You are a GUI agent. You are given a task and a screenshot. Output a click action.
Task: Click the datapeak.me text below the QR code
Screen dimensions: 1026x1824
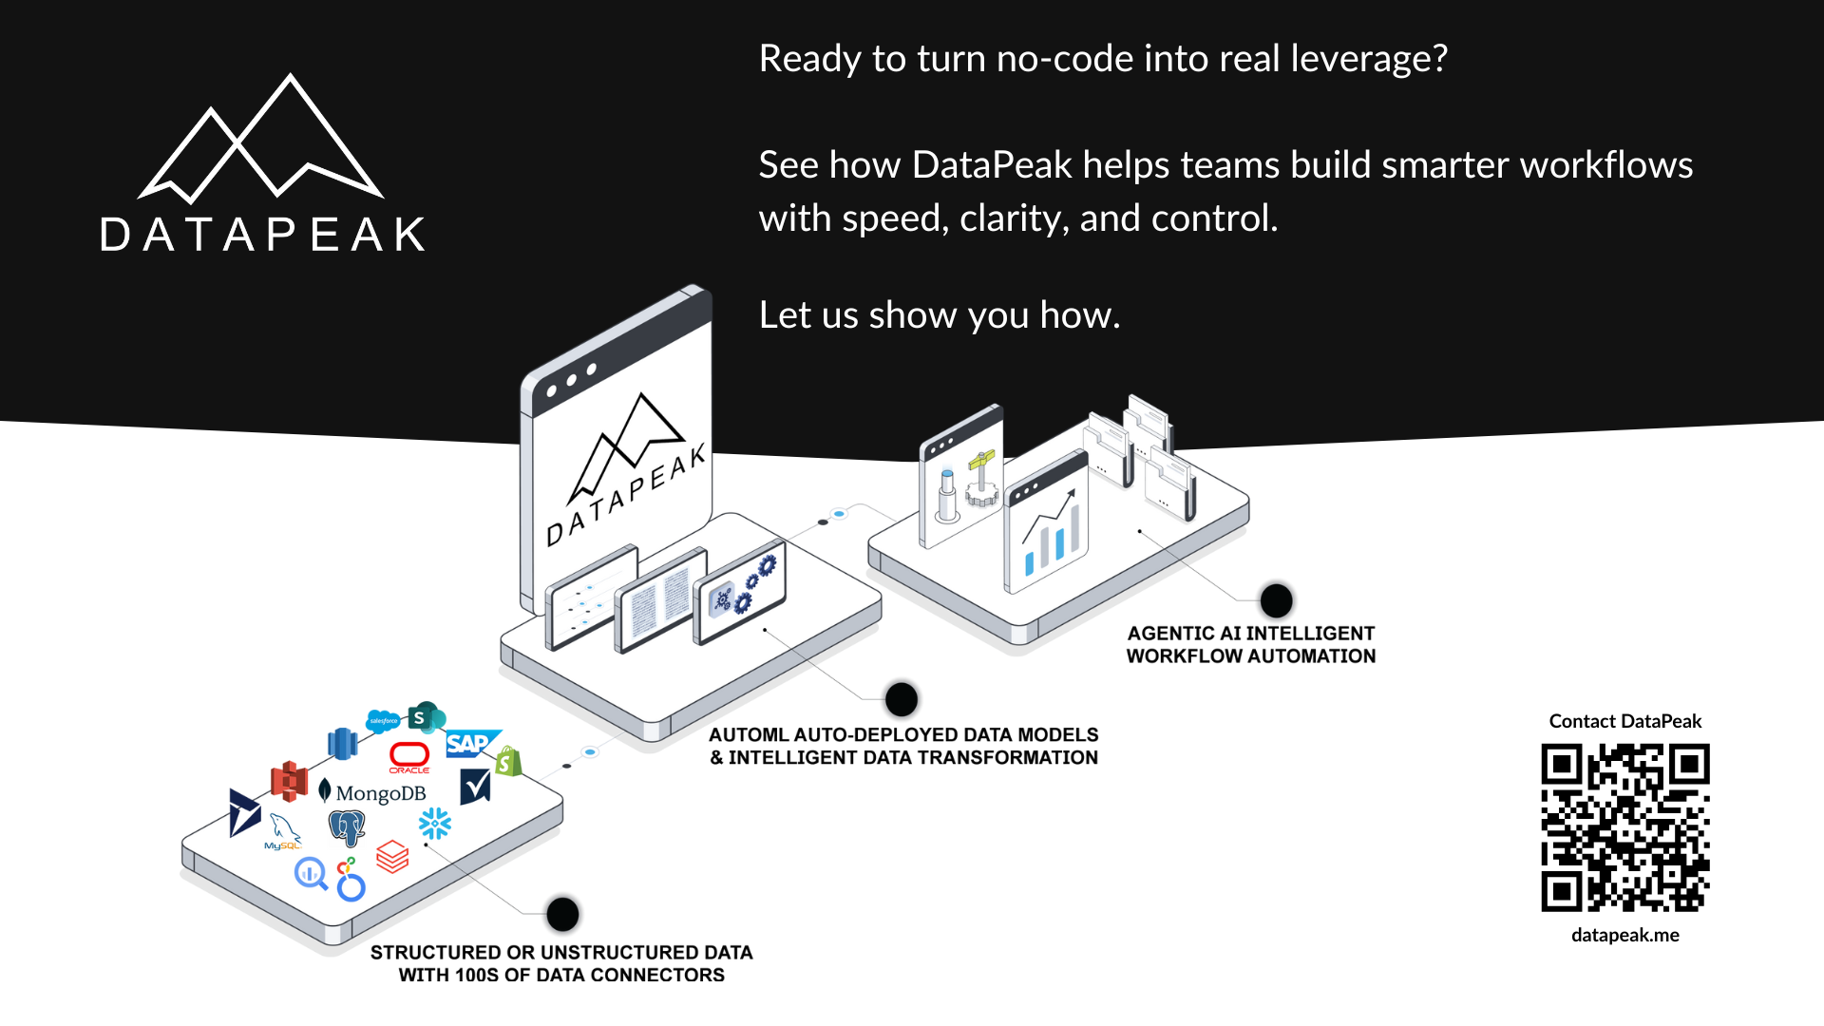(x=1624, y=935)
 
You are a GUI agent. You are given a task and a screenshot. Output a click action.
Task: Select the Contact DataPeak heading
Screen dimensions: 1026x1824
(x=1624, y=721)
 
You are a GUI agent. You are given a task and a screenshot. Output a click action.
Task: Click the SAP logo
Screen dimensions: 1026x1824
(x=468, y=743)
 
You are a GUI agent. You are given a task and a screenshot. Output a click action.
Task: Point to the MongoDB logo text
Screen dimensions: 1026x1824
(x=380, y=793)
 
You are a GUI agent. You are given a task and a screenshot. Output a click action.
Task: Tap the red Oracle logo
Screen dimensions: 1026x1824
(x=409, y=756)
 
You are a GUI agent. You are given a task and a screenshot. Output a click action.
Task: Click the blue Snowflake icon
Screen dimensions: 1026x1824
(x=435, y=823)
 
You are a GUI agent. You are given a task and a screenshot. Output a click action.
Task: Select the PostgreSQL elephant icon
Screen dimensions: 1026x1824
(x=347, y=827)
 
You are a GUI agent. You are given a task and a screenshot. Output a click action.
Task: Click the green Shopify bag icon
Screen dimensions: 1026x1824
(x=508, y=761)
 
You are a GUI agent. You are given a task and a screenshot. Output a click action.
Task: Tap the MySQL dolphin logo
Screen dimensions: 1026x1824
(x=283, y=831)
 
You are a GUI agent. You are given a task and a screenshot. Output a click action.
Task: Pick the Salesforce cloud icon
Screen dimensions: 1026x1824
(x=383, y=721)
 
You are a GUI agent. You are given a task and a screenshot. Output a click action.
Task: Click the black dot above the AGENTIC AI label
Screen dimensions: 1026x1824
(x=1276, y=600)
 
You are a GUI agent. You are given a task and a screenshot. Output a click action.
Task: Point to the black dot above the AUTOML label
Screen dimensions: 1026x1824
(x=901, y=699)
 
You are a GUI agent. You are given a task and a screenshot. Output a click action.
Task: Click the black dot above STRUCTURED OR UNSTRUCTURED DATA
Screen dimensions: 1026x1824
(x=562, y=914)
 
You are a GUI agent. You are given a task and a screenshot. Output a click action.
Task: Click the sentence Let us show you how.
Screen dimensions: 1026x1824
(x=939, y=315)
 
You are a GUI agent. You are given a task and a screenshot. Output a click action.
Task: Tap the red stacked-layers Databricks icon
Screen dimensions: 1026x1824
(x=392, y=856)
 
